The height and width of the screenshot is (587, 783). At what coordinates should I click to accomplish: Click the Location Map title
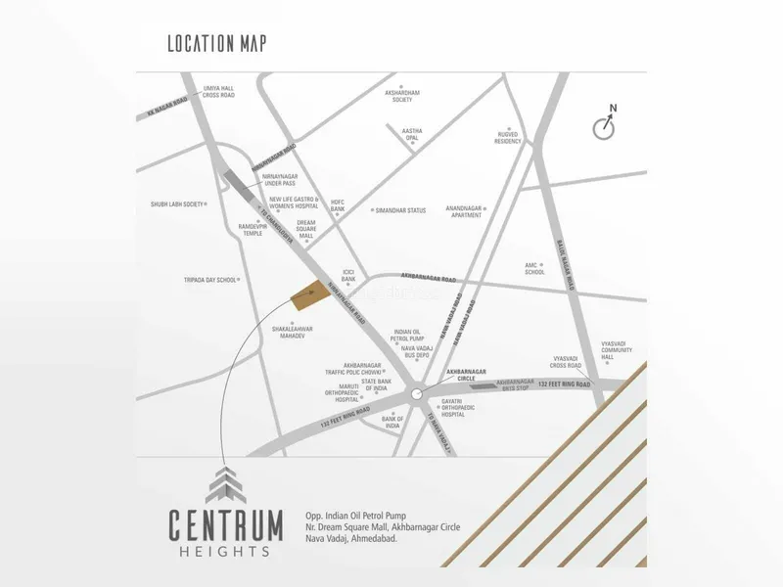pos(216,43)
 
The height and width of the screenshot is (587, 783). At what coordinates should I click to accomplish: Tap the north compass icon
pos(604,127)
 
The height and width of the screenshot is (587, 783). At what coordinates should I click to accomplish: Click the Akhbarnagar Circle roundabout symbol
pos(419,393)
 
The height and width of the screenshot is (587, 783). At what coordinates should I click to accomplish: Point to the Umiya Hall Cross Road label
pos(217,91)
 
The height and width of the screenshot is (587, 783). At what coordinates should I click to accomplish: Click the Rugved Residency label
pos(509,138)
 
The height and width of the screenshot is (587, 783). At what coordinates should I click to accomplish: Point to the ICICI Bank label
pos(347,275)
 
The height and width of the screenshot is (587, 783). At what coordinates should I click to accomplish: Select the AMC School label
pos(534,269)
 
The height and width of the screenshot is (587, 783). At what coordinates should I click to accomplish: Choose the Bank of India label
pos(391,423)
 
